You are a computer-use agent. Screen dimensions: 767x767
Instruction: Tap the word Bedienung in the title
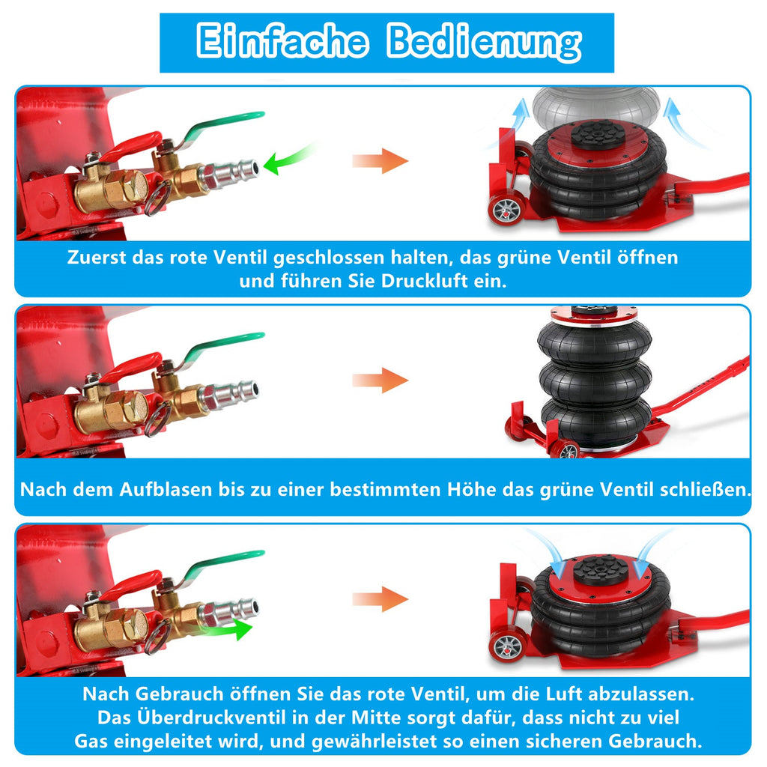(x=484, y=42)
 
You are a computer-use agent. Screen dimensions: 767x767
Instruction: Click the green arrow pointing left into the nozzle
(x=288, y=160)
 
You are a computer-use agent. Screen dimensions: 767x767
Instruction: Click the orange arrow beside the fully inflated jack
(x=381, y=380)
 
